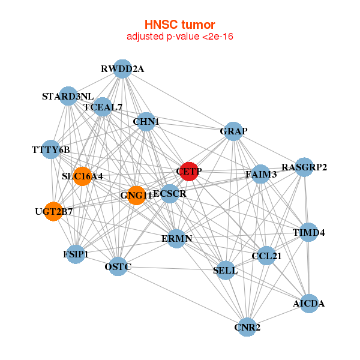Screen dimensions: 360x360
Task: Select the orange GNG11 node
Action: (137, 195)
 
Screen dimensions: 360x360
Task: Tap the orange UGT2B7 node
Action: (53, 211)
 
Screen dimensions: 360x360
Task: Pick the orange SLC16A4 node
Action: (82, 176)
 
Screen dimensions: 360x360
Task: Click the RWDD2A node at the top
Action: (122, 68)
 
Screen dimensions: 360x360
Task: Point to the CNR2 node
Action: (247, 328)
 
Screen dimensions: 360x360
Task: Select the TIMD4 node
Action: (308, 232)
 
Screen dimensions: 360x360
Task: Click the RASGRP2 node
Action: (305, 167)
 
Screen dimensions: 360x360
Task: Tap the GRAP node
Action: (233, 131)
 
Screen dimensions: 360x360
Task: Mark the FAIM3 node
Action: (260, 175)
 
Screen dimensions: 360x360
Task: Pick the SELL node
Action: (226, 271)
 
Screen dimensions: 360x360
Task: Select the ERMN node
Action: (177, 239)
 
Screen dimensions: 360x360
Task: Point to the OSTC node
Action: (118, 266)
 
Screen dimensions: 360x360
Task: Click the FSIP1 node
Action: (76, 254)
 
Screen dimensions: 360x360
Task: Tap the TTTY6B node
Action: (51, 149)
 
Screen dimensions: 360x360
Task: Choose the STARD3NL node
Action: (68, 96)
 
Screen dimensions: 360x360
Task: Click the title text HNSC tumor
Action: (179, 25)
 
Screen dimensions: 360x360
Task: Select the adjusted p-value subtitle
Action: (179, 37)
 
